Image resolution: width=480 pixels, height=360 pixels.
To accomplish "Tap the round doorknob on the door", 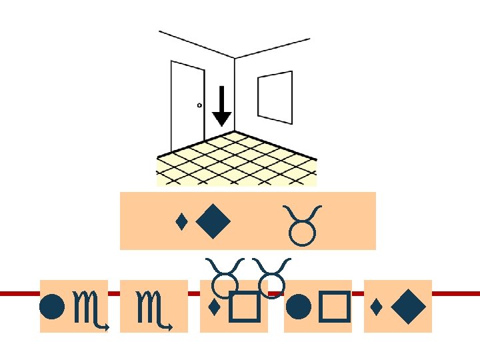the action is click(199, 105).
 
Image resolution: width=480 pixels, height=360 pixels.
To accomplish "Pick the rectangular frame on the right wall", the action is click(275, 97).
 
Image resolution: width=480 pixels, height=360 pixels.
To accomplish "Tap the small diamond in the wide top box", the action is click(180, 220).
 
